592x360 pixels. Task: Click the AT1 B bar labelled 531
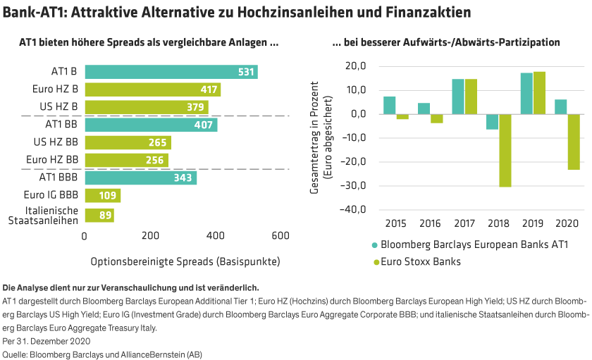pyautogui.click(x=171, y=72)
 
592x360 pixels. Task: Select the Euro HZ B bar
pyautogui.click(x=152, y=89)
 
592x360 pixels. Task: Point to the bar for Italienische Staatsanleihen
pyautogui.click(x=99, y=216)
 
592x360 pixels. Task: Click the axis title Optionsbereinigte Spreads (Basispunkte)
pyautogui.click(x=185, y=261)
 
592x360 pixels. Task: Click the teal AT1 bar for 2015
pyautogui.click(x=389, y=104)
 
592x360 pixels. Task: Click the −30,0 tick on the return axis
pyautogui.click(x=352, y=186)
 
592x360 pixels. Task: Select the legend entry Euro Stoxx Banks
pyautogui.click(x=416, y=262)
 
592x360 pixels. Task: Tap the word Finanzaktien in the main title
pyautogui.click(x=428, y=13)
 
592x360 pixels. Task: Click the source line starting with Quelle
pyautogui.click(x=102, y=353)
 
